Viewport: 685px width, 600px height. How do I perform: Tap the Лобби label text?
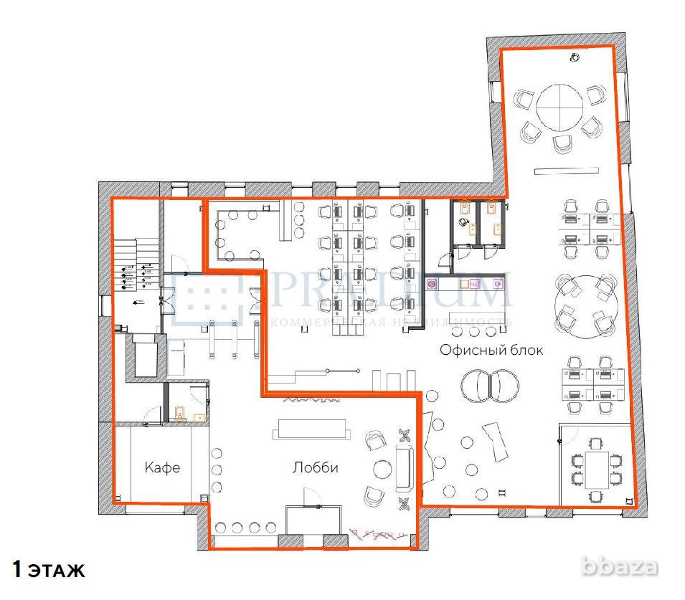[x=315, y=468]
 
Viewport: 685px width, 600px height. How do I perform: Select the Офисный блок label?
[x=491, y=351]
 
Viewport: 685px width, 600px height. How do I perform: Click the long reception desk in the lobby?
[x=312, y=429]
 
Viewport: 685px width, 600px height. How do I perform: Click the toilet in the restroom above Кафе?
[x=180, y=412]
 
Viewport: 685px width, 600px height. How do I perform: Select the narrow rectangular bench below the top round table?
[x=566, y=170]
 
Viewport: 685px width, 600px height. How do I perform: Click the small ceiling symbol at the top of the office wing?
[x=575, y=57]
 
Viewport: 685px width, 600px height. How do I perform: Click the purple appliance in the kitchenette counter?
[x=433, y=285]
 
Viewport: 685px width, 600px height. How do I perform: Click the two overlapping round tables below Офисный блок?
[x=490, y=386]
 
